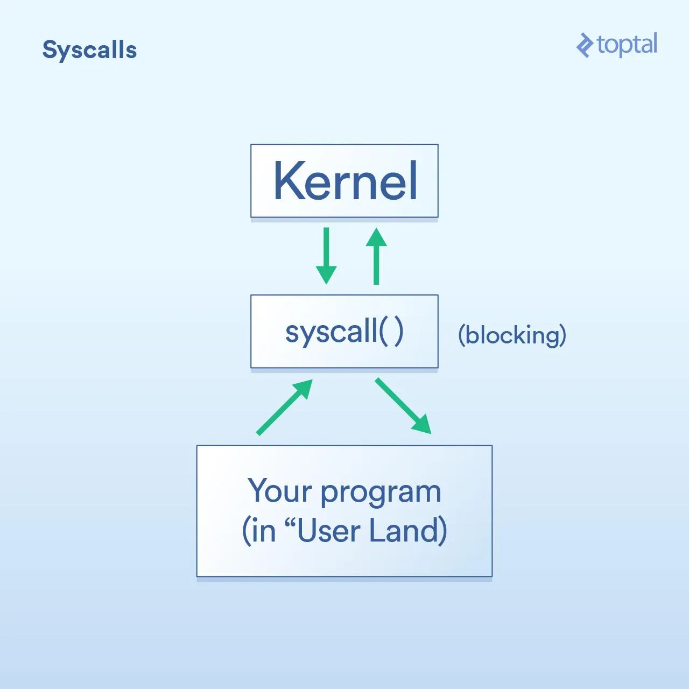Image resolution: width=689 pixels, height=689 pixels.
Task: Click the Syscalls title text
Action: tap(89, 50)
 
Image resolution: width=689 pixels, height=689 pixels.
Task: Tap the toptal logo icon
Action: tap(584, 45)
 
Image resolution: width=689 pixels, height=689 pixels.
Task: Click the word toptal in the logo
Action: tap(627, 44)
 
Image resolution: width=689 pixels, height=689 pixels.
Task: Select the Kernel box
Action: tap(344, 181)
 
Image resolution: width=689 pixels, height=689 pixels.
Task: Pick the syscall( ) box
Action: tap(344, 332)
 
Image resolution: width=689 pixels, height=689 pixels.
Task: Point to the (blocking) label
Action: tap(512, 335)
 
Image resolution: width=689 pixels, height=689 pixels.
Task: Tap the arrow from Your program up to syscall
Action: tap(284, 407)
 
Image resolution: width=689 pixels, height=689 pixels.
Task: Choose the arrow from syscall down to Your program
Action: tap(403, 406)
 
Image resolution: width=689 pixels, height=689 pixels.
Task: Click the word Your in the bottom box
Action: tap(280, 491)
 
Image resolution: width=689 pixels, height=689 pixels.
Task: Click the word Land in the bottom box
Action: tap(404, 531)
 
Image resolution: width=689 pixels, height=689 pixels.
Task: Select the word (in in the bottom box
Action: tap(259, 531)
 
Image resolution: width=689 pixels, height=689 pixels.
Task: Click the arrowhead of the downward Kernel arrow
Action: tap(326, 275)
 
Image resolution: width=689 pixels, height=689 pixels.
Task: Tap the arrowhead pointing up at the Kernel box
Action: tap(376, 237)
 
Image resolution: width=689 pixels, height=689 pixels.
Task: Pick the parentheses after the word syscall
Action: tap(391, 332)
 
